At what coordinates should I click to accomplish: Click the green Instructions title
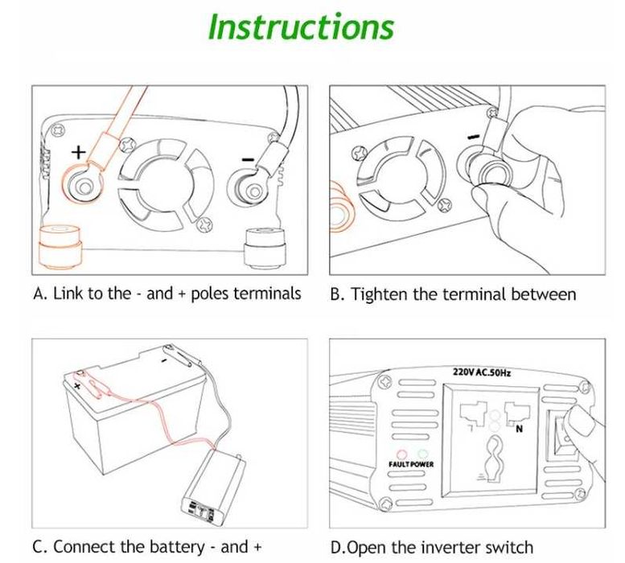click(302, 27)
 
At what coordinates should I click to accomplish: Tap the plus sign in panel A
click(79, 152)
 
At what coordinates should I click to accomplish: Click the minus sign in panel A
click(248, 160)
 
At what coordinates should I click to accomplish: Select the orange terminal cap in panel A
click(60, 247)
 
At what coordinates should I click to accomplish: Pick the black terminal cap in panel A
click(265, 247)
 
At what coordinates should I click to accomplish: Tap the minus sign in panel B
click(474, 137)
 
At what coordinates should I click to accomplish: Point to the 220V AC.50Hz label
click(482, 372)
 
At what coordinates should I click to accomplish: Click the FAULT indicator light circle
click(402, 454)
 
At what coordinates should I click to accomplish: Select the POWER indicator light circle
click(422, 454)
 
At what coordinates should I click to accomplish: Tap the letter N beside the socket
click(519, 429)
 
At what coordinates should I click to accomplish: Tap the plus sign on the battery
click(77, 385)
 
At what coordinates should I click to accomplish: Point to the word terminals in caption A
click(268, 294)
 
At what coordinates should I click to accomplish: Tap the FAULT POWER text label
click(411, 465)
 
